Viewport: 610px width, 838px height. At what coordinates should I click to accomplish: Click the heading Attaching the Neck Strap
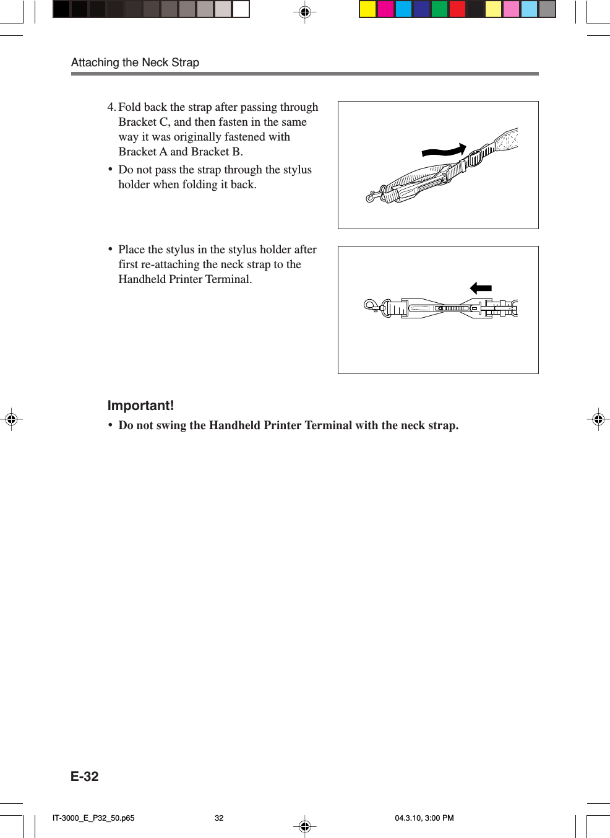tap(135, 63)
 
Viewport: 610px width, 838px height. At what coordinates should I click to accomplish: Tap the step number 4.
tap(111, 107)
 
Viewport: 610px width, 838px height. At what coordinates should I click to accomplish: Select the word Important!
tap(140, 406)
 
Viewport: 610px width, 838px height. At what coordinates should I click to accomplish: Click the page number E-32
tap(85, 777)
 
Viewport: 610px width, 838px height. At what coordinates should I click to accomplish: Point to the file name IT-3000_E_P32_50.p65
tap(93, 818)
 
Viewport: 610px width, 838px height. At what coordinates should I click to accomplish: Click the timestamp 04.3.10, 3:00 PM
tap(424, 818)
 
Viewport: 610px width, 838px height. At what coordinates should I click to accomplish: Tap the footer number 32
tap(219, 818)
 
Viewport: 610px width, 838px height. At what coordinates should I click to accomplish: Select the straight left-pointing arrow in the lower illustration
tap(481, 288)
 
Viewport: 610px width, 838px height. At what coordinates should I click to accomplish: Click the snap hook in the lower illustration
tap(372, 305)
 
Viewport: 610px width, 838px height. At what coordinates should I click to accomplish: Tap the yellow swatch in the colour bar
tap(368, 9)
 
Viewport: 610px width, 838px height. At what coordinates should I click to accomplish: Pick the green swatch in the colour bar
tap(439, 9)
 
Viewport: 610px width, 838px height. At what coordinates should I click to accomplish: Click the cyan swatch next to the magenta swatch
tap(403, 9)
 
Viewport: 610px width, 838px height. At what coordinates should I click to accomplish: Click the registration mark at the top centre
tap(304, 12)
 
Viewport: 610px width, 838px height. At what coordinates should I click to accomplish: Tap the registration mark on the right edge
tap(598, 420)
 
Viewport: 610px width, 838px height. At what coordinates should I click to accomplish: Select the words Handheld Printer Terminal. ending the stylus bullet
tap(185, 279)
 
